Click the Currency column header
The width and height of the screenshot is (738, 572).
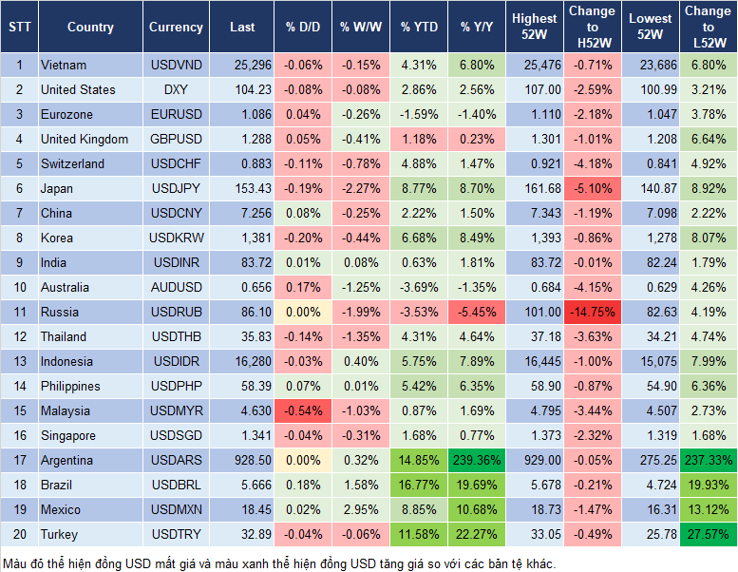176,28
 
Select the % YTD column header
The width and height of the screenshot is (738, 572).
418,28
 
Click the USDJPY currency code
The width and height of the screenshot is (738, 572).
176,188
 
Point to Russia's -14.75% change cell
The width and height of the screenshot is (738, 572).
592,312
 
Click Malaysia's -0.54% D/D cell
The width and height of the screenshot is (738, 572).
301,410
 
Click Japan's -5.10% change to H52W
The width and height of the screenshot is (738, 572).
592,188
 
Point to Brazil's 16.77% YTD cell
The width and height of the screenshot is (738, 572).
418,485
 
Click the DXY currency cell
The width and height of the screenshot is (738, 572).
176,89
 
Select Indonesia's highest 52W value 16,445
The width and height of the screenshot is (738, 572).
535,361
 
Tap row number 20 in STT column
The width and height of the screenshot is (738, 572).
18,534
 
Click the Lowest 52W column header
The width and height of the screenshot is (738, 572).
651,28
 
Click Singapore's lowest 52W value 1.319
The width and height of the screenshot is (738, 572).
651,435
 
